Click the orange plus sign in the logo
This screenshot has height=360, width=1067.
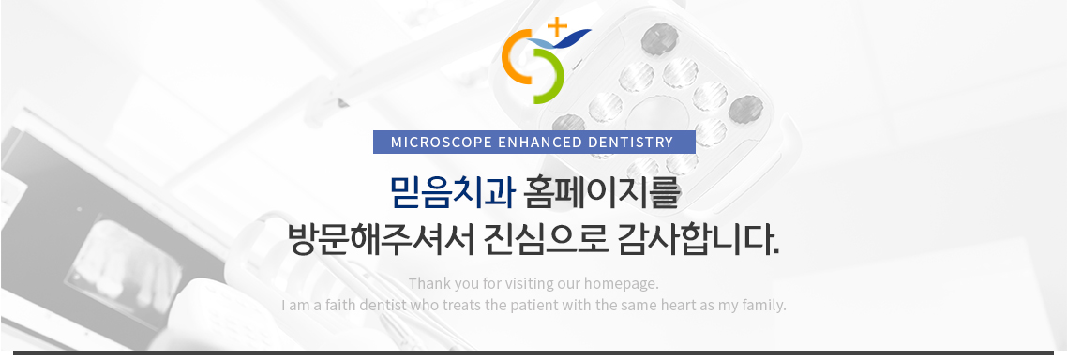point(557,27)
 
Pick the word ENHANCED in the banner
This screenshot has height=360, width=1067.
point(539,142)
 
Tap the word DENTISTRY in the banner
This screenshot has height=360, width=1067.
point(629,142)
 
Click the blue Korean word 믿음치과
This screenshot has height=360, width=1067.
point(453,192)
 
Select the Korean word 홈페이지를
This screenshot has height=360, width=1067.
point(602,192)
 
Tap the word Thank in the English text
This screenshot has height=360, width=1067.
point(426,283)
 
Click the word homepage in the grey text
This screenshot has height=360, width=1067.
point(622,284)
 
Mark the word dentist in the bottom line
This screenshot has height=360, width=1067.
point(383,305)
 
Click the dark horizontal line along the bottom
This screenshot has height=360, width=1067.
point(533,352)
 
